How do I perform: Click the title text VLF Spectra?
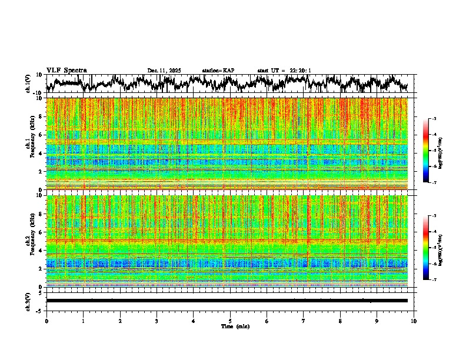[66, 71]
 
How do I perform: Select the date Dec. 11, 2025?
[164, 71]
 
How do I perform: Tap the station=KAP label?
[218, 71]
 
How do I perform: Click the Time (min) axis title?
[235, 326]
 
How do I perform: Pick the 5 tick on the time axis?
[230, 321]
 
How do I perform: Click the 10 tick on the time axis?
[414, 321]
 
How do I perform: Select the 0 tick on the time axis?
[46, 321]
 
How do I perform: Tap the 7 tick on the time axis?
[304, 321]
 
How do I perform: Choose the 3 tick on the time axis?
[157, 321]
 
